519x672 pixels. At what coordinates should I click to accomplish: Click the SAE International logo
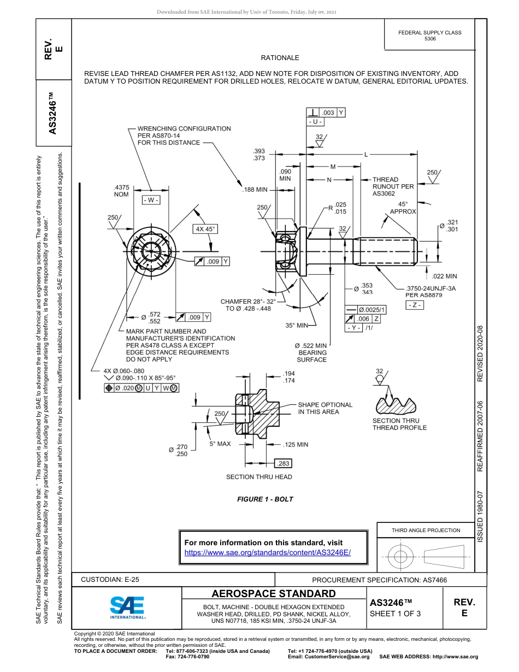[127, 607]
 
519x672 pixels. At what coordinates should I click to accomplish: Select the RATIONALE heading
[280, 57]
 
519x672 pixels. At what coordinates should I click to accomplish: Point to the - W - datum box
[151, 200]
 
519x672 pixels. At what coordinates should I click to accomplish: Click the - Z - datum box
[415, 305]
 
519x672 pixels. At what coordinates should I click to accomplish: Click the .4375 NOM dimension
[121, 191]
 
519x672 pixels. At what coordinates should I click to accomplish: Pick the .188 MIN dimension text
[255, 190]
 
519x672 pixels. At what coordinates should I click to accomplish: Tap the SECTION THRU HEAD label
[259, 477]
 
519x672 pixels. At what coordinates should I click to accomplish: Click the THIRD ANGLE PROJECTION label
[426, 530]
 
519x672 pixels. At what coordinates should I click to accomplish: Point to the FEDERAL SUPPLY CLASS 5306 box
[429, 36]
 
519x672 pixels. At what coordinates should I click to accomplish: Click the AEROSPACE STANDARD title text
[273, 594]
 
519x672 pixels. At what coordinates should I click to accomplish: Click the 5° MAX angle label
[220, 444]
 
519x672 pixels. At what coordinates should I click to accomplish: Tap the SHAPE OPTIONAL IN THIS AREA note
[325, 408]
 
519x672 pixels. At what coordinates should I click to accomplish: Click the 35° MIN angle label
[297, 325]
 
